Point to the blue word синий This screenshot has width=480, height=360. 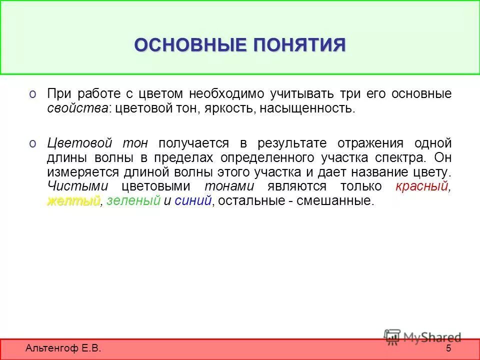point(193,201)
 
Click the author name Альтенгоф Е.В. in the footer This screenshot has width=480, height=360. point(63,348)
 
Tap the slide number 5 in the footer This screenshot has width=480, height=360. point(448,348)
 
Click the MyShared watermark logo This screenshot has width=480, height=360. point(422,337)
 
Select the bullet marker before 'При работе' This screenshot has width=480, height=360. point(32,93)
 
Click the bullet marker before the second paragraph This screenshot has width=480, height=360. point(32,143)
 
